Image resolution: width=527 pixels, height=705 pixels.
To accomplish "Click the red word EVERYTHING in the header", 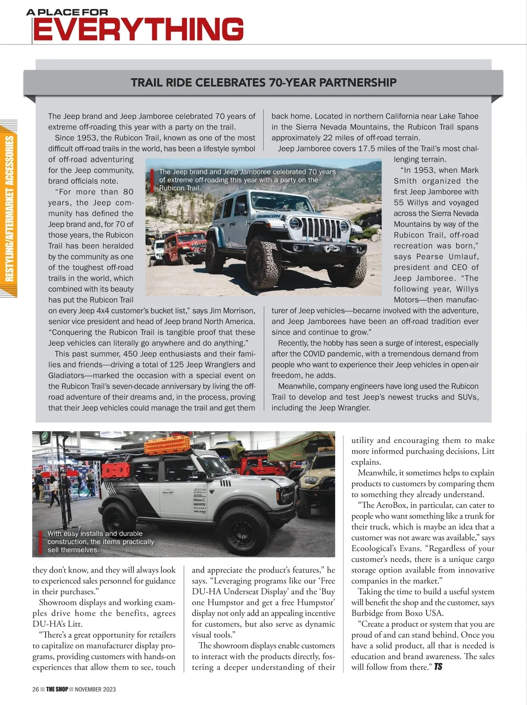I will point(138,29).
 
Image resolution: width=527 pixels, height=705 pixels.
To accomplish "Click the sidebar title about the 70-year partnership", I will point(263,83).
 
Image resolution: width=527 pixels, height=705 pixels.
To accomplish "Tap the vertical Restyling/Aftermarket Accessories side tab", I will point(9,208).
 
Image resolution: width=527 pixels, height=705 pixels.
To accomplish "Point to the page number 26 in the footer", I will point(36,689).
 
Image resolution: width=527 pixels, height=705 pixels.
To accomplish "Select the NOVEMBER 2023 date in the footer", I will point(95,689).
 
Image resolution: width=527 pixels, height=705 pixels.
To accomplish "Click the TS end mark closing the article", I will point(438,667).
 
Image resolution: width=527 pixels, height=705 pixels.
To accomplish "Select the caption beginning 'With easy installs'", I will point(101,541).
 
